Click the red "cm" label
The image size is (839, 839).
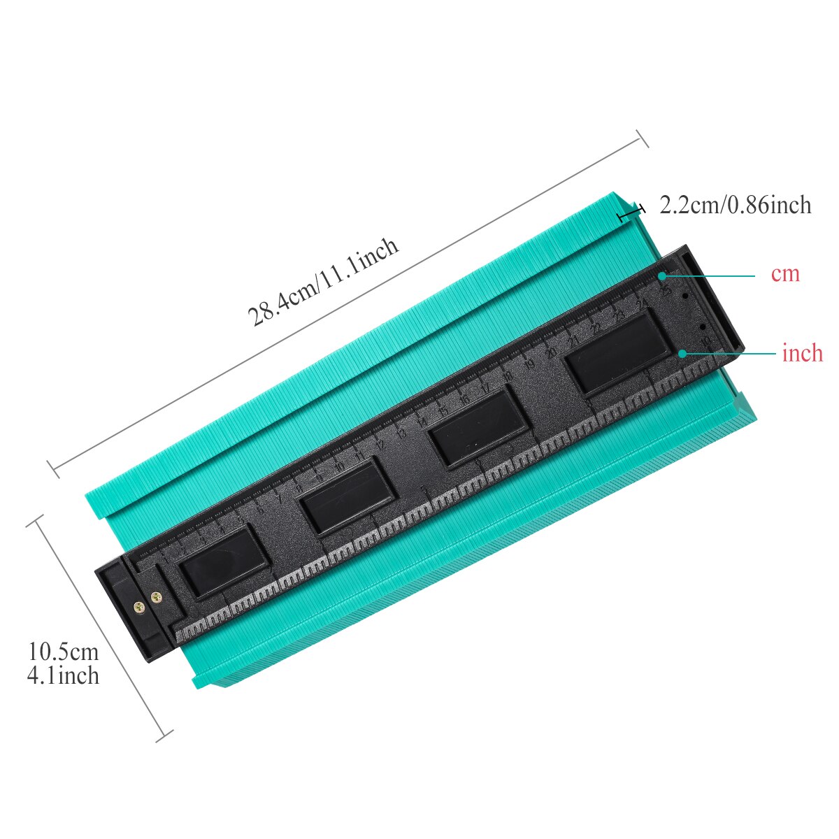tap(785, 274)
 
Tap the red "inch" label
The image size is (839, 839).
tap(803, 354)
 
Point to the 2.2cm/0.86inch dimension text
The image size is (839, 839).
tap(735, 206)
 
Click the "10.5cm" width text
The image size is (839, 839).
tap(64, 652)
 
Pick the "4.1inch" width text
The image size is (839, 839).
tap(64, 675)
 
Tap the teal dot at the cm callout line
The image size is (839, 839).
tap(661, 277)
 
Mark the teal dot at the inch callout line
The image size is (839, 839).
tap(682, 354)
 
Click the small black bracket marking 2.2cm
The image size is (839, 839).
tap(631, 212)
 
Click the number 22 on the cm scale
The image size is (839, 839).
tap(596, 329)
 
